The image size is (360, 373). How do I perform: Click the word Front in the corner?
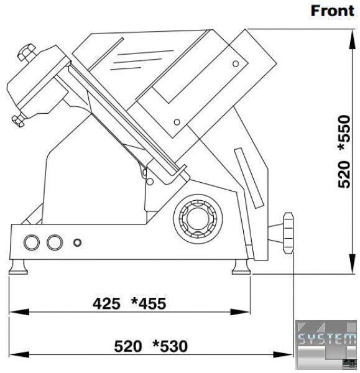[333, 11]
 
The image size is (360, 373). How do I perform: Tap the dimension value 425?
[106, 304]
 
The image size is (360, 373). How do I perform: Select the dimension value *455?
[149, 304]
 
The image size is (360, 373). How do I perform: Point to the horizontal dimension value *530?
[170, 346]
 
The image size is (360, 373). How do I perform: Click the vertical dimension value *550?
[344, 132]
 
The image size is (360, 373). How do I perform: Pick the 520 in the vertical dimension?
[344, 174]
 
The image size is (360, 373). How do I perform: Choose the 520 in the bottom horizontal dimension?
[128, 346]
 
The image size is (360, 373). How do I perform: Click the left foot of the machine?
[18, 267]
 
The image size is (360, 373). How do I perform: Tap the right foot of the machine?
[241, 267]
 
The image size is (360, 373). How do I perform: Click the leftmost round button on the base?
[32, 242]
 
